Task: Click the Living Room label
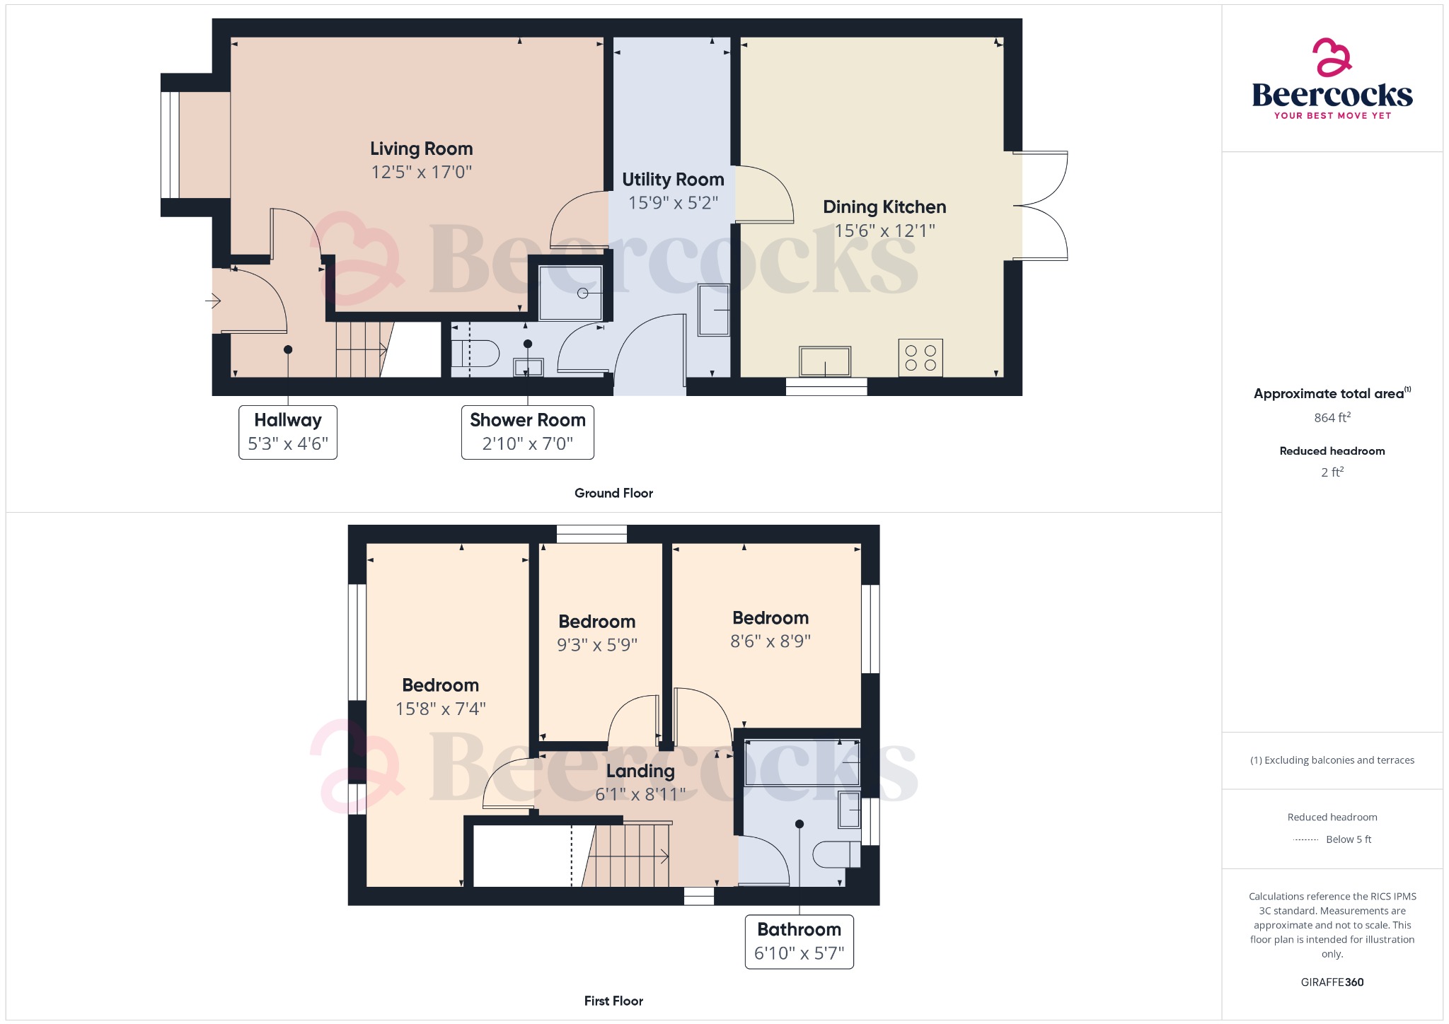(x=421, y=149)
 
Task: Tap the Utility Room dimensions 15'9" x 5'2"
(x=673, y=203)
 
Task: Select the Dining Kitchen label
(x=884, y=207)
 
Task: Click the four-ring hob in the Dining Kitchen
(x=920, y=358)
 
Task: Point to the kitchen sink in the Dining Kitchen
(x=824, y=361)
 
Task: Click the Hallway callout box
(x=288, y=432)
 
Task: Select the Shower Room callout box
(x=527, y=432)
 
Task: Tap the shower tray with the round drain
(x=570, y=293)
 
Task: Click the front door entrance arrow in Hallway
(x=213, y=301)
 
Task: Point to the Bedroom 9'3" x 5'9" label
(x=596, y=622)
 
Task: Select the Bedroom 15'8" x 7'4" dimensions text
(x=440, y=709)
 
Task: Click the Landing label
(x=640, y=772)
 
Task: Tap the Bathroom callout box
(x=799, y=941)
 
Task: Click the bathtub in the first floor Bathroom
(x=802, y=763)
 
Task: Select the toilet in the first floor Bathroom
(x=835, y=854)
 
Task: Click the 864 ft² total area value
(x=1332, y=418)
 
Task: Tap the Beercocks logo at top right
(x=1332, y=79)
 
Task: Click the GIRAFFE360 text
(x=1332, y=982)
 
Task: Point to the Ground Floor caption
(x=613, y=494)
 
